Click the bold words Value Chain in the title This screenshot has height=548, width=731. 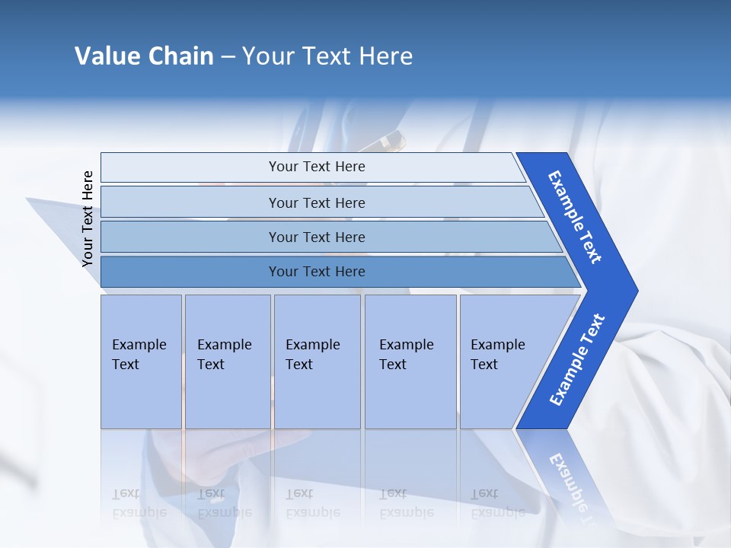pos(144,56)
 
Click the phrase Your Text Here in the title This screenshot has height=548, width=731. pos(327,56)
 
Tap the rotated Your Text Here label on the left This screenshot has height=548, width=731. pos(88,218)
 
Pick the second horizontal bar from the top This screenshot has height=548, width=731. pos(316,202)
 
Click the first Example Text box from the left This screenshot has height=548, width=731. pos(141,362)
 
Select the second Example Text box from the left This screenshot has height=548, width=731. pos(228,362)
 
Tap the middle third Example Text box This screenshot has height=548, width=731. pos(317,362)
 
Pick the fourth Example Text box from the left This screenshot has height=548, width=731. pos(410,362)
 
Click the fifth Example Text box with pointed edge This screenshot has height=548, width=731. pos(503,362)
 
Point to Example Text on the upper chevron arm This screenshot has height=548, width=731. pos(575,217)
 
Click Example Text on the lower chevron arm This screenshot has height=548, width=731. pos(577,359)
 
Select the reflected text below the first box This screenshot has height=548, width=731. pos(139,502)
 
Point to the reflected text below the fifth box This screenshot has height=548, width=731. pos(497,502)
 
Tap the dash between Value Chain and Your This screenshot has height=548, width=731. pos(228,57)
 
